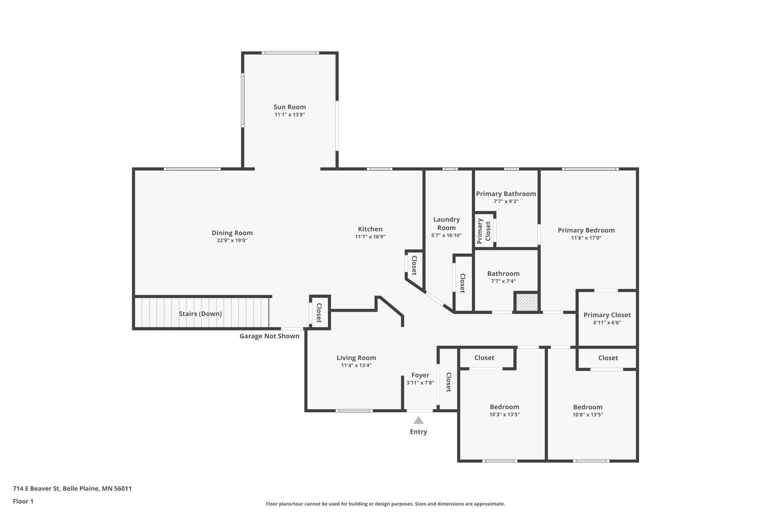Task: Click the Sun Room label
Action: tap(289, 107)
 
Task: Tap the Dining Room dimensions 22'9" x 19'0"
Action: tap(232, 240)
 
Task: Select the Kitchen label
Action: tap(370, 229)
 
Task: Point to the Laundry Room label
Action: tap(446, 224)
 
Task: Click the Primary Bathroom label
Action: tap(506, 194)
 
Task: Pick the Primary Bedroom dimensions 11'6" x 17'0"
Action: tap(586, 238)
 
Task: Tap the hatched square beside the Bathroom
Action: tap(527, 302)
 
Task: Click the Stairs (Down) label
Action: tap(200, 314)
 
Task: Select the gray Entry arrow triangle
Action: tap(418, 420)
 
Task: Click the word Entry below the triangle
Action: tap(418, 432)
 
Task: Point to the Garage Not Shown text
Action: tap(269, 336)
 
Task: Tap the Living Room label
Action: tap(356, 358)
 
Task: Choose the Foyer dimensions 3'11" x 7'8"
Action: tap(420, 383)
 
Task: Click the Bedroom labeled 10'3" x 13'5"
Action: tap(504, 407)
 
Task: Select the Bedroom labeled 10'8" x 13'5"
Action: tap(588, 407)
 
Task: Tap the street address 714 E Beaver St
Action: tap(36, 488)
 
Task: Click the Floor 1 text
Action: tap(23, 501)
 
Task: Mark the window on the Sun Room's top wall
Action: tap(290, 53)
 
